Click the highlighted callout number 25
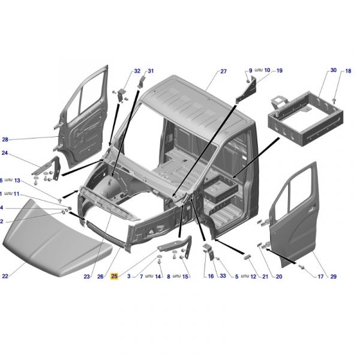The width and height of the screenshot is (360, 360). tap(115, 276)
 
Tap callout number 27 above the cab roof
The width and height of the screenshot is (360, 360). tap(223, 71)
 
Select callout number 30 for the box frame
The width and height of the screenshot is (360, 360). tap(334, 70)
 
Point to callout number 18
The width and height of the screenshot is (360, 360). tap(348, 71)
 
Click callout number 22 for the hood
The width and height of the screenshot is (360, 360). tap(5, 276)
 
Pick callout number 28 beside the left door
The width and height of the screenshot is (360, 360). tap(5, 139)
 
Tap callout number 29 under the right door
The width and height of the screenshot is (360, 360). tap(334, 277)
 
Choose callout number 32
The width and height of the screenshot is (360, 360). tap(137, 71)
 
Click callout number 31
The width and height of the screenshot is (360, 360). tap(151, 71)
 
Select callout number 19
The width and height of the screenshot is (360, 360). tap(279, 70)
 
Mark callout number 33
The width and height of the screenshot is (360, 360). tap(223, 276)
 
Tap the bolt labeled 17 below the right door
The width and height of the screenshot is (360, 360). tap(302, 267)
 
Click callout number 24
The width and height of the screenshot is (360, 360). tap(5, 152)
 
